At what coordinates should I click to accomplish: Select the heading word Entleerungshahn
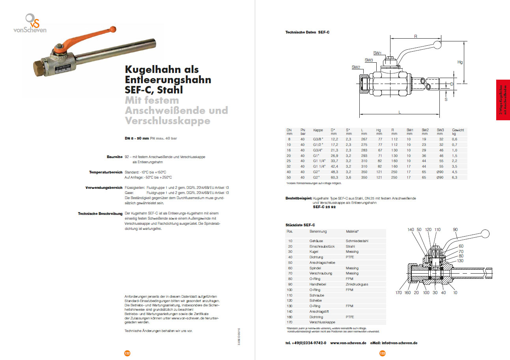click(168, 80)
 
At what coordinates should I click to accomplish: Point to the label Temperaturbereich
click(106, 172)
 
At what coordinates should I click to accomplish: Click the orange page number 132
click(127, 353)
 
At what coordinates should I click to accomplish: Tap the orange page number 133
click(382, 353)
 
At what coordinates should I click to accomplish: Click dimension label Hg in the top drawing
click(460, 62)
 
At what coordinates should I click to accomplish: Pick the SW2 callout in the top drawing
click(356, 67)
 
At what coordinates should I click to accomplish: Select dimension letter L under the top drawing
click(400, 112)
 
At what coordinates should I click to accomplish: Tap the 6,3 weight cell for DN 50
click(455, 178)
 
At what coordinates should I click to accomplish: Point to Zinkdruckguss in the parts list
click(357, 284)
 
